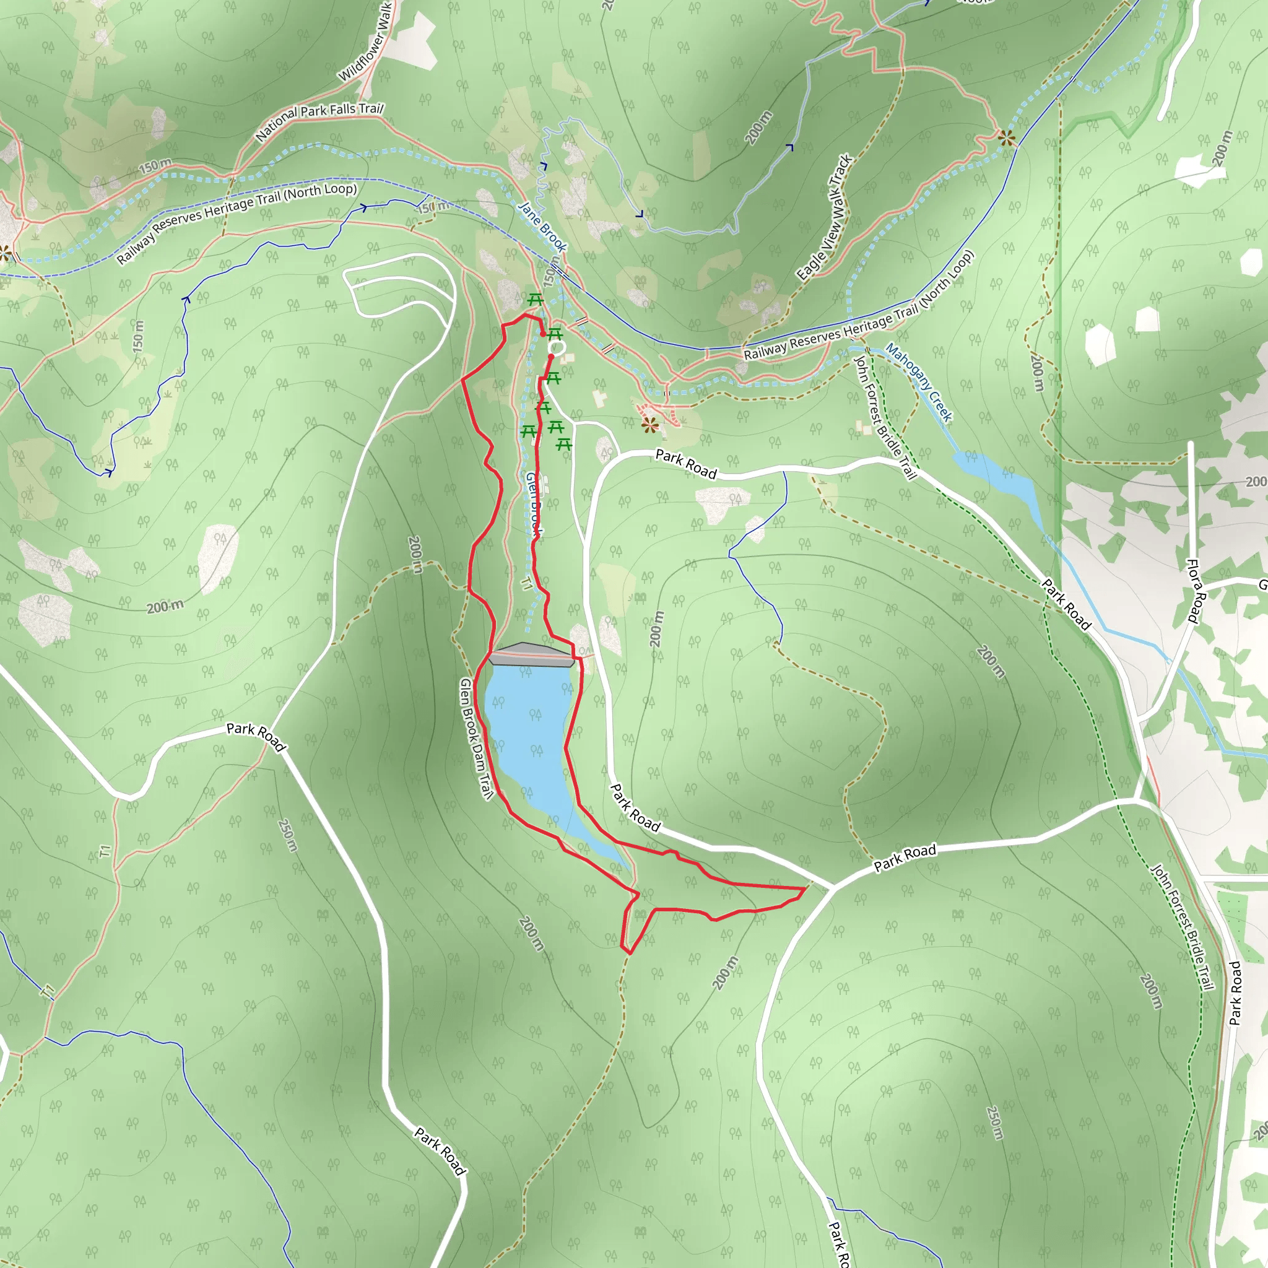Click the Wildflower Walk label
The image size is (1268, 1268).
tap(365, 43)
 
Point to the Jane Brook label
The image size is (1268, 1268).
tap(542, 227)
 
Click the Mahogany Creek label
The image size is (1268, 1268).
tap(919, 383)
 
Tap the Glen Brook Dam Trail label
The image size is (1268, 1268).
tap(477, 739)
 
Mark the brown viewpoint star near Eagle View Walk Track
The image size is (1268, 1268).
tap(1006, 138)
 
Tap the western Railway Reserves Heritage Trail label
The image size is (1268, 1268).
tap(237, 222)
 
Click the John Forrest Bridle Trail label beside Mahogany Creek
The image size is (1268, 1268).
tap(884, 417)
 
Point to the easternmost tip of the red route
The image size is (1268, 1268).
tap(806, 888)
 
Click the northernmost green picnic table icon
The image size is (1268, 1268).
tap(535, 300)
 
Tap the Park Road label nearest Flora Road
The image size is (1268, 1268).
tap(1066, 604)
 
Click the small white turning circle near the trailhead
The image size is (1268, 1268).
tap(557, 347)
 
